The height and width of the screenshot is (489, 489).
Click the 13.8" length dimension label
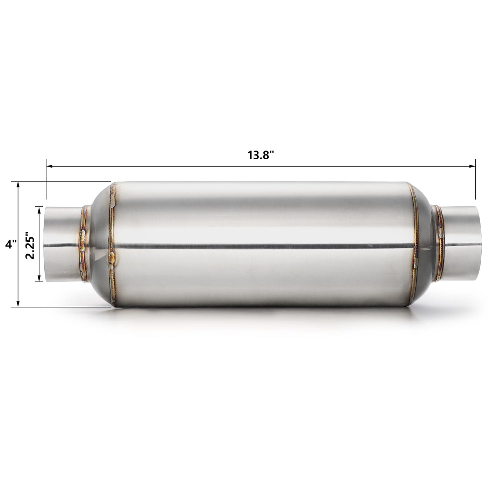pyautogui.click(x=261, y=155)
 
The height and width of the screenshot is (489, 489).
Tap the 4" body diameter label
pyautogui.click(x=11, y=244)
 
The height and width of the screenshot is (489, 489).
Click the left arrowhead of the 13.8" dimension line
pyautogui.click(x=49, y=166)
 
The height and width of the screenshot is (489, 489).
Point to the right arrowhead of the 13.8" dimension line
pyautogui.click(x=472, y=166)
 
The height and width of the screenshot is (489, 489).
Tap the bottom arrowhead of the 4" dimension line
pyautogui.click(x=18, y=304)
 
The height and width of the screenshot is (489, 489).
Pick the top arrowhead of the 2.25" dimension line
pyautogui.click(x=39, y=210)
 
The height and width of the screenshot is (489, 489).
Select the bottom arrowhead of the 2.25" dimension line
pyautogui.click(x=39, y=278)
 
